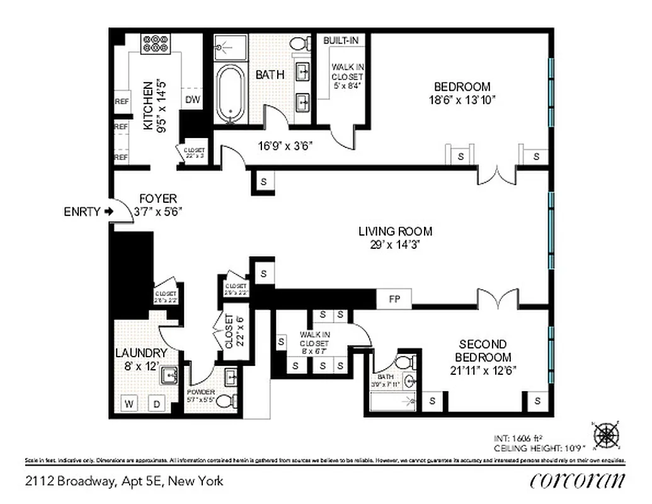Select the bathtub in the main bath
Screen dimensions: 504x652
230,93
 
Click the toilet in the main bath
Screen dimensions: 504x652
301,43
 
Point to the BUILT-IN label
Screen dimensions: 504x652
341,40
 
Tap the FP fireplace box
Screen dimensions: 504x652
394,299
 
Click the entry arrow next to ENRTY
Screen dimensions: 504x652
108,212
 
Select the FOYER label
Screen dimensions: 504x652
158,198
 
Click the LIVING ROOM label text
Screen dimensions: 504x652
396,232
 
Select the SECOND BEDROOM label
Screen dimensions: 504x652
483,350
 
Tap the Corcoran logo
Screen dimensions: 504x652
578,481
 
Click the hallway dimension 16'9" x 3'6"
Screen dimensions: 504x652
285,146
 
